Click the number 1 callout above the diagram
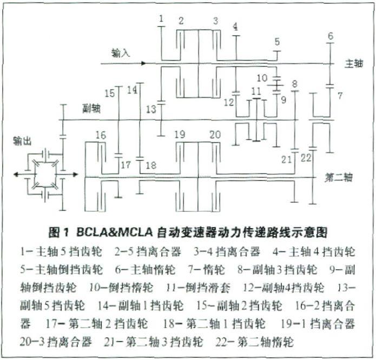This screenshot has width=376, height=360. pyautogui.click(x=161, y=19)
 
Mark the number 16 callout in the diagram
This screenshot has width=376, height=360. pyautogui.click(x=100, y=135)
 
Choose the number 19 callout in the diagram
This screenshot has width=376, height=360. pyautogui.click(x=180, y=134)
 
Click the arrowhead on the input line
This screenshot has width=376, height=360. pyautogui.click(x=143, y=63)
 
